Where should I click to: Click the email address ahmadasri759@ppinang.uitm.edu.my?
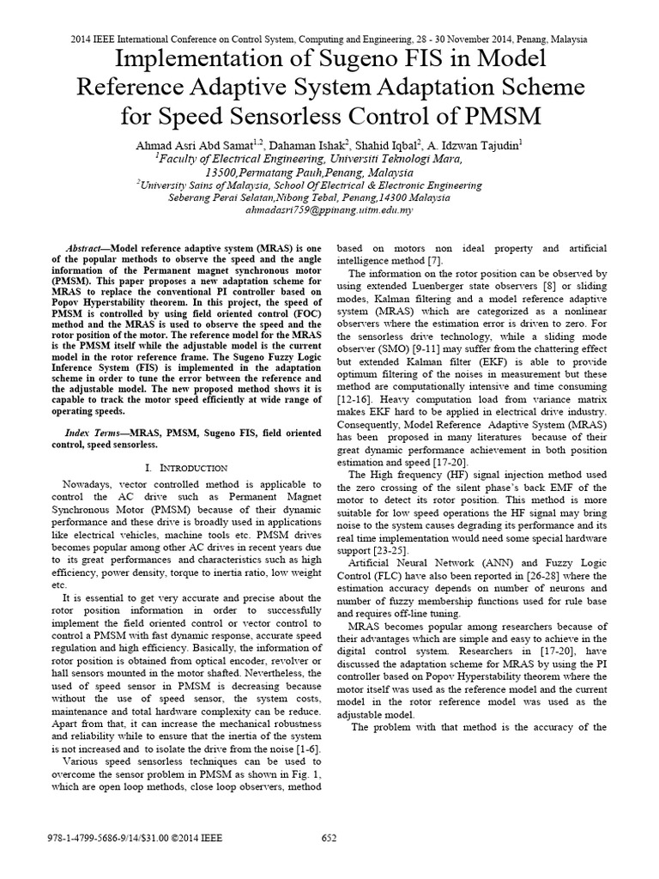(x=329, y=209)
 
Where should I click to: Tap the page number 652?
(x=329, y=839)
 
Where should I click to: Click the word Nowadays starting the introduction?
(x=88, y=484)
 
